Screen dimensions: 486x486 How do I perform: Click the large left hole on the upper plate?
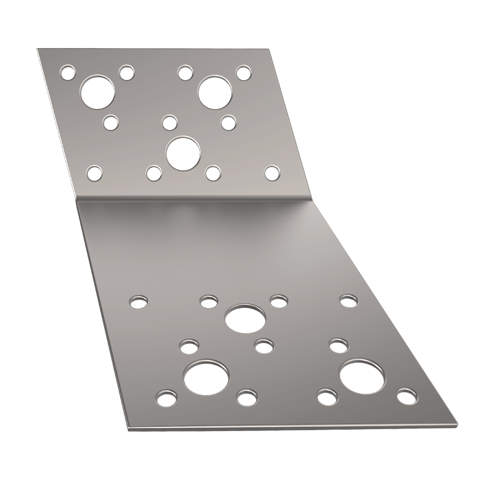click(98, 92)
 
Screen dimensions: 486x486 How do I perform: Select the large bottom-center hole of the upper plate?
click(183, 153)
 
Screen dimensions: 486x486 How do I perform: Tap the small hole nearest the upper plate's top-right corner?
click(243, 73)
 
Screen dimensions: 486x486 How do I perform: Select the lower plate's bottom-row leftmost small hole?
click(166, 398)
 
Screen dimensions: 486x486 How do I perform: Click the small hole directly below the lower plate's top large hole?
click(264, 346)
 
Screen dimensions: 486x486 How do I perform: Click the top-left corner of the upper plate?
click(37, 49)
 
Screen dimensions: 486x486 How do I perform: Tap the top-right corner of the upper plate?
click(270, 48)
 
